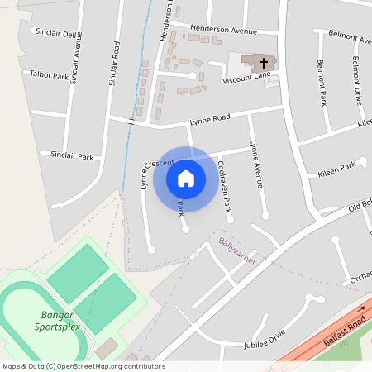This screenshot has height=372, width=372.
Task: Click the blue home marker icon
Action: (186, 178)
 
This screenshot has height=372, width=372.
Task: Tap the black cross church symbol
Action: (264, 63)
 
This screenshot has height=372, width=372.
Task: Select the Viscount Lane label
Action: (246, 79)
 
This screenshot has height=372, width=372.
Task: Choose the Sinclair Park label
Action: (72, 154)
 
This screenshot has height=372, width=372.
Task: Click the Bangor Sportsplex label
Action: (57, 320)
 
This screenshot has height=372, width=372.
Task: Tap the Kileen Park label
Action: (336, 170)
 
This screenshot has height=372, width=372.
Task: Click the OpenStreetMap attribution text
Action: (72, 366)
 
